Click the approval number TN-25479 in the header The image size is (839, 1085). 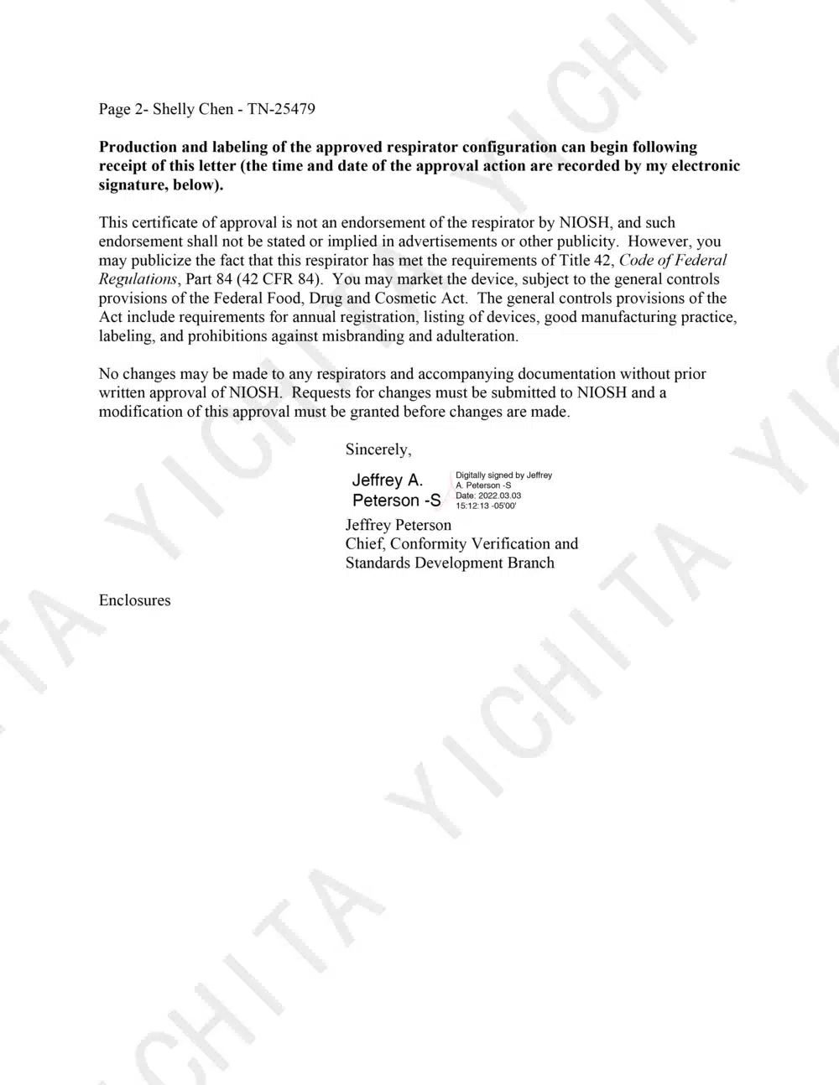click(x=281, y=109)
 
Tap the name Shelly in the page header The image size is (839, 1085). click(x=174, y=109)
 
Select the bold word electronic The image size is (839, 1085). click(x=703, y=166)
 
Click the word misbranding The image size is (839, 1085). click(x=366, y=336)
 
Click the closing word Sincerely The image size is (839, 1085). click(x=378, y=449)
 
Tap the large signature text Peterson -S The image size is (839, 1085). click(x=396, y=501)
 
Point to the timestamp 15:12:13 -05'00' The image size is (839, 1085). click(x=486, y=506)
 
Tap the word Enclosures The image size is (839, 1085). click(x=134, y=600)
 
